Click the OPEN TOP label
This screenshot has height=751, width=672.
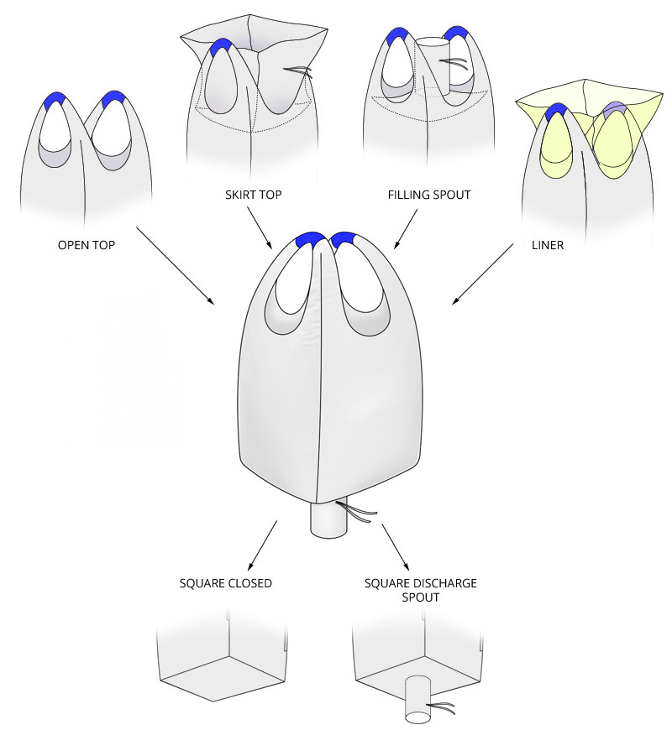[87, 245]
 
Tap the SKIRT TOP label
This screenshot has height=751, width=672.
[252, 195]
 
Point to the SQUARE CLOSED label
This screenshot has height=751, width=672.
[225, 583]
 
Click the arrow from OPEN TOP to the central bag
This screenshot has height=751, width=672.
[175, 265]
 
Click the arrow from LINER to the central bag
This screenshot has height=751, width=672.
[483, 274]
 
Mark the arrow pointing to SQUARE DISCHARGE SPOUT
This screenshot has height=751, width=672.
[394, 546]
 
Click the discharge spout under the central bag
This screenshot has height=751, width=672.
[328, 520]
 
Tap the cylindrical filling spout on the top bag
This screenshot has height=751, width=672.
[433, 63]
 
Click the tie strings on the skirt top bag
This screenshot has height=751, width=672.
[299, 71]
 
